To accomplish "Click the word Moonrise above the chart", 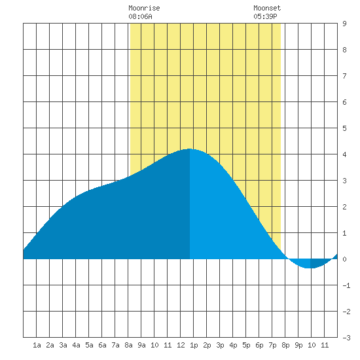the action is [144, 8].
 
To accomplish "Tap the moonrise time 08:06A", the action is [140, 16].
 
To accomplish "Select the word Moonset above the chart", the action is [267, 8].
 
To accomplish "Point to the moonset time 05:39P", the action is [265, 16].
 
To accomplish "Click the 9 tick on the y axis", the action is [344, 24].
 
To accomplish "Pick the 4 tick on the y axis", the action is [344, 154].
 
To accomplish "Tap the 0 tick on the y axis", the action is [344, 259].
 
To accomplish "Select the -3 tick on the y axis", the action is [346, 338].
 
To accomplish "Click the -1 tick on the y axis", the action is [346, 285].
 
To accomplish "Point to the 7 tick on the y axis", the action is [344, 76].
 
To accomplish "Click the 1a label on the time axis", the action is [37, 345].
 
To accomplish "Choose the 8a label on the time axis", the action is [128, 345].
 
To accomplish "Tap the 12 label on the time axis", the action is [181, 345].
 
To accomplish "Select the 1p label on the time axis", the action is [194, 345].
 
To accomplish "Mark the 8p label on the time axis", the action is [285, 345].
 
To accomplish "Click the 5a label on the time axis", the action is [89, 345].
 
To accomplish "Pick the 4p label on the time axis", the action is [233, 345].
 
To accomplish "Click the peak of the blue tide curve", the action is [190, 149].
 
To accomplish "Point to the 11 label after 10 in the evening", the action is [325, 345].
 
